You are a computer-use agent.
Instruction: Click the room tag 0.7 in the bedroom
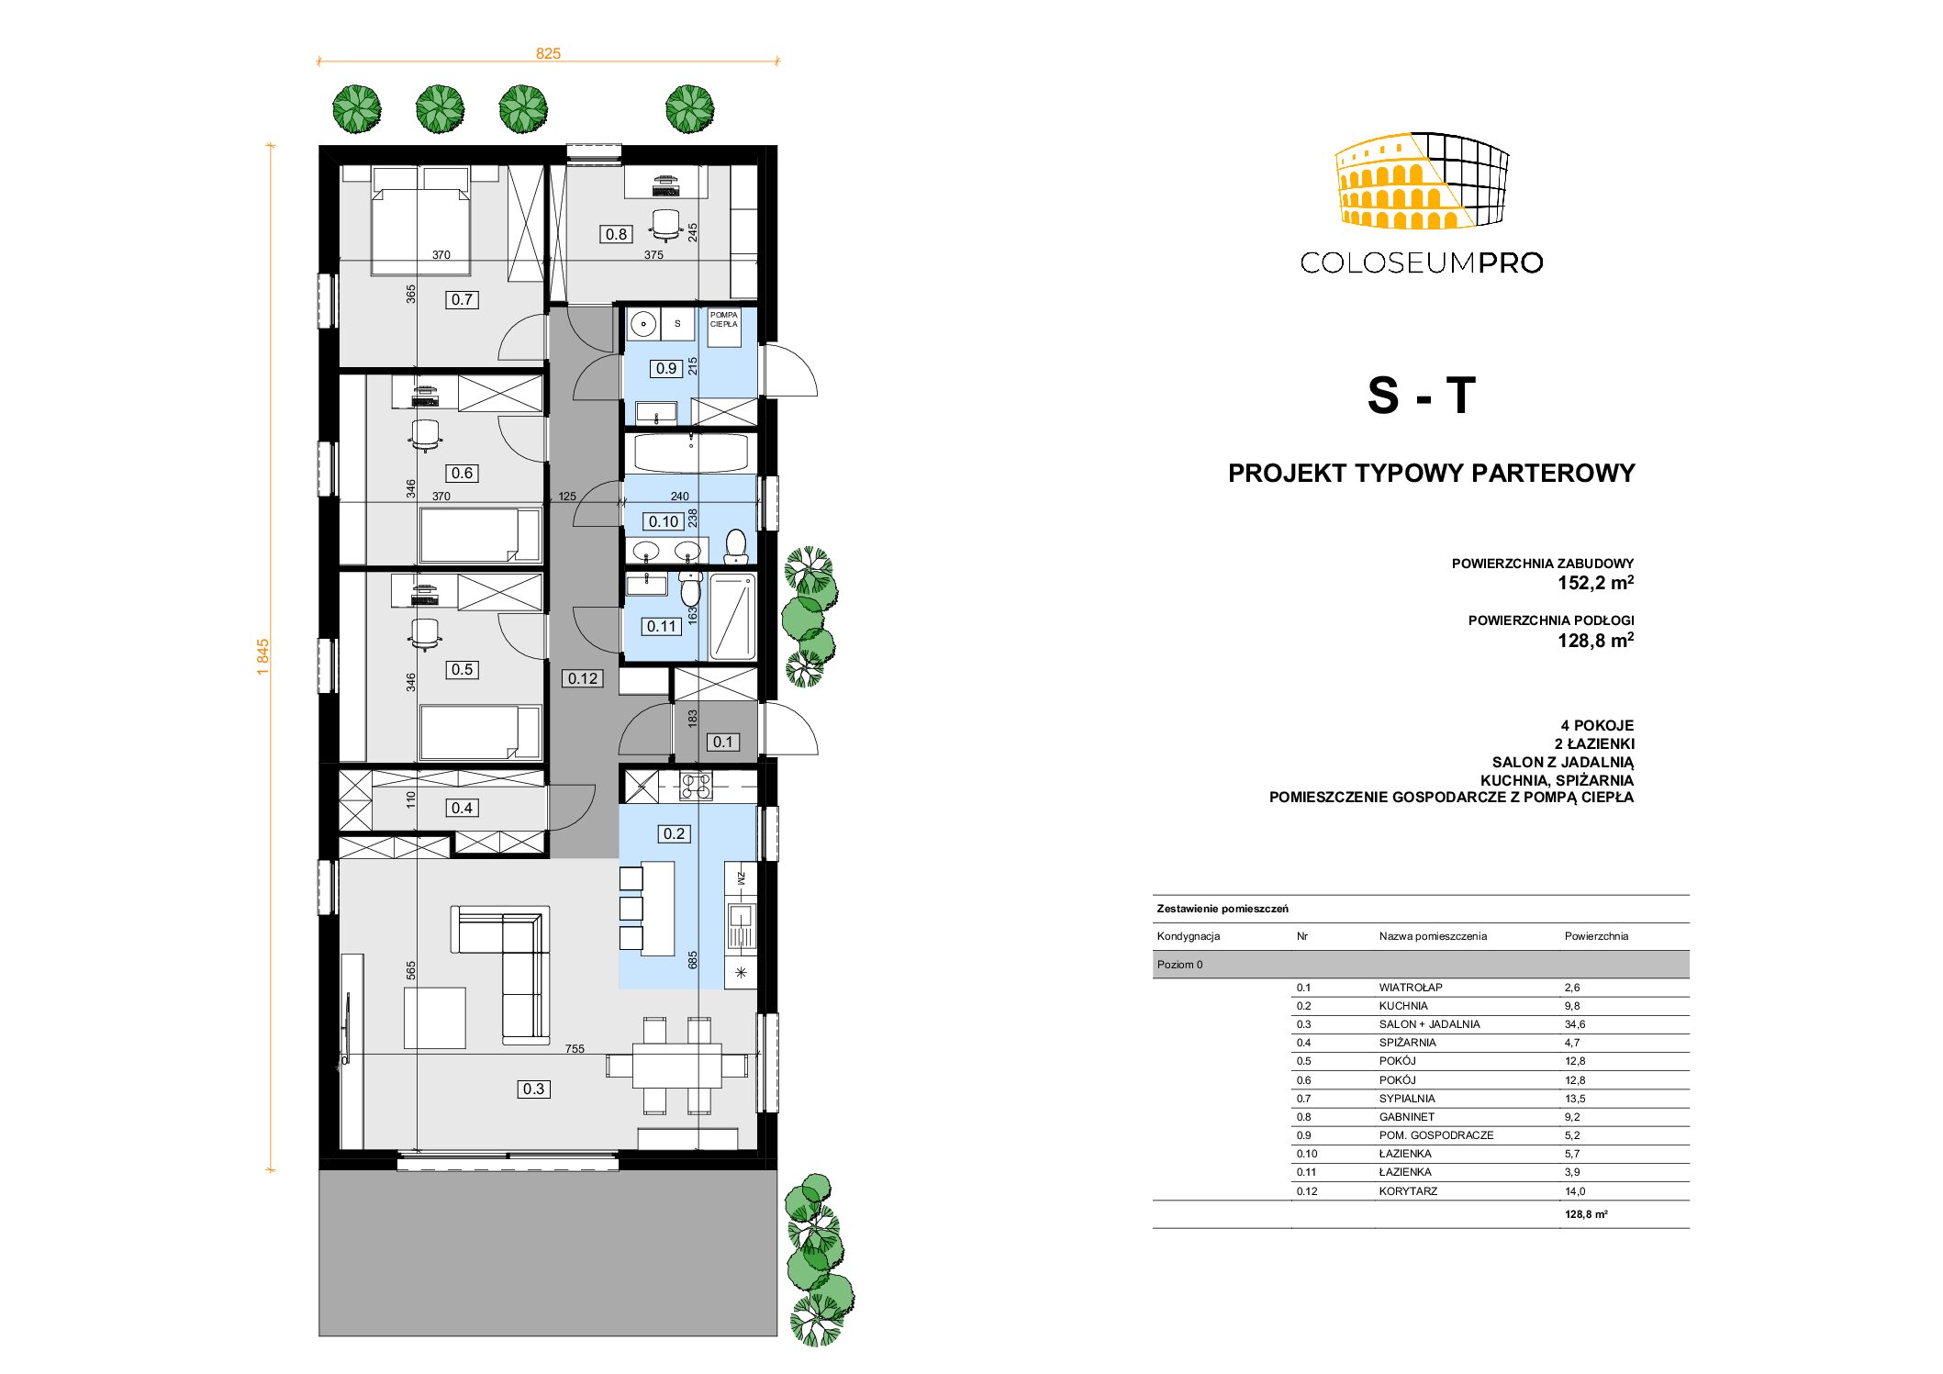tap(462, 299)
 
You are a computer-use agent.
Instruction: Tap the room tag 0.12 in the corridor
tap(583, 678)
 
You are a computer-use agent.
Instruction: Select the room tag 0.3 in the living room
tap(533, 1089)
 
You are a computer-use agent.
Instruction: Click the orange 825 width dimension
tap(548, 53)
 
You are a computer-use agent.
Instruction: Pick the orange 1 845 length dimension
tap(263, 657)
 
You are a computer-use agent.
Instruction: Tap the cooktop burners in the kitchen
tap(696, 786)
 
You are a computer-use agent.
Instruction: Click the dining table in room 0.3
tap(676, 1066)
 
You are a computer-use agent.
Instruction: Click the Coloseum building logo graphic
tap(1422, 180)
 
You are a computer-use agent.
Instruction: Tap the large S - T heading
tap(1422, 396)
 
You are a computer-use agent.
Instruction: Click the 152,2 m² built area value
tap(1595, 583)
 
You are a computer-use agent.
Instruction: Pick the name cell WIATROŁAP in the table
tap(1411, 988)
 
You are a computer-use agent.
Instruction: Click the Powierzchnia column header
tap(1596, 936)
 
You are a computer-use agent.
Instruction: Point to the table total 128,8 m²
tap(1586, 1214)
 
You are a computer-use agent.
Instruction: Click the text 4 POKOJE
tap(1597, 725)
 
